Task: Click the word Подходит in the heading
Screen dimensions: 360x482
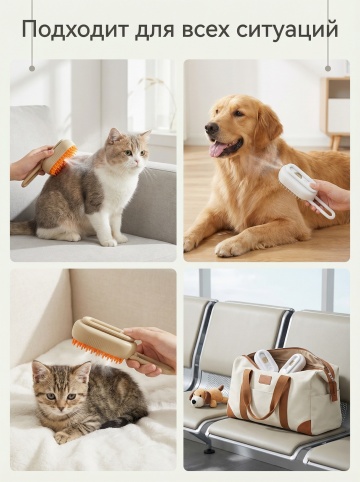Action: [74, 29]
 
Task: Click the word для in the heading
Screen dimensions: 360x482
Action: [154, 31]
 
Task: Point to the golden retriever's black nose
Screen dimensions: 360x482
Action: [211, 127]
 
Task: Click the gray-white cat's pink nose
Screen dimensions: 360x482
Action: [137, 160]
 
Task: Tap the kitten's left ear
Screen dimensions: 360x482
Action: [39, 371]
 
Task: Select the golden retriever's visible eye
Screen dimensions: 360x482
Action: [238, 113]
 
